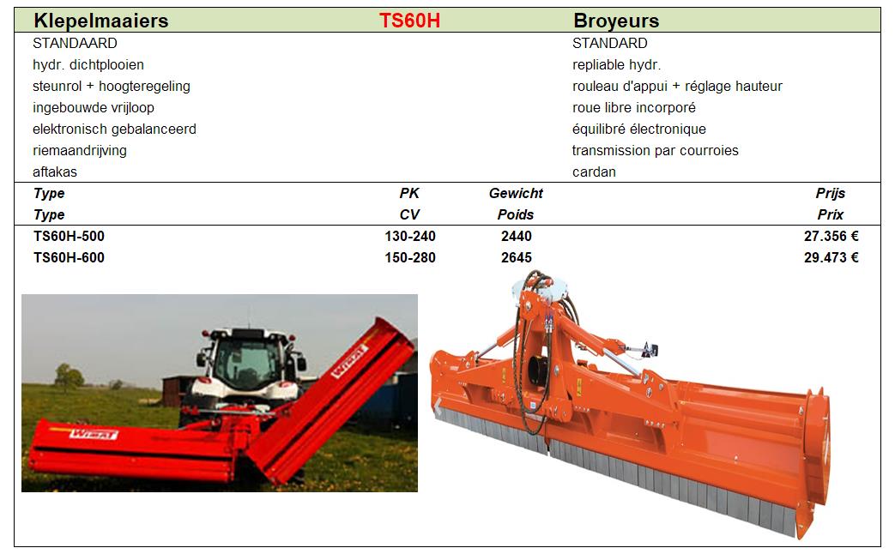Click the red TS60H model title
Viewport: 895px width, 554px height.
tap(409, 21)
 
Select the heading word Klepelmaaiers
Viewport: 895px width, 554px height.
tap(101, 21)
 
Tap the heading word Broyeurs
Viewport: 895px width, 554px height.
tap(616, 21)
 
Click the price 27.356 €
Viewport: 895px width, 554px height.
tap(831, 236)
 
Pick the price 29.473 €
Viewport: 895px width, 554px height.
tap(831, 258)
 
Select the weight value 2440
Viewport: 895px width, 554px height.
tap(517, 236)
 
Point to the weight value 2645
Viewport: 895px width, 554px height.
tap(517, 258)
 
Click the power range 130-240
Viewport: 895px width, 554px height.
tap(410, 236)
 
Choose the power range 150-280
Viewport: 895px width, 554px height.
tap(410, 258)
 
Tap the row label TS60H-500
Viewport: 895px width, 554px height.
tap(69, 236)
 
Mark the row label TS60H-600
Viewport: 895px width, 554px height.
tap(69, 258)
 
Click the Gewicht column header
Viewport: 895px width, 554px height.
tap(516, 194)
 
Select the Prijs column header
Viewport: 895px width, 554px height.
tap(831, 194)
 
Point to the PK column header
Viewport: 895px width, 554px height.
tap(409, 194)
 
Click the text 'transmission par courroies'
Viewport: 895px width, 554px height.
tap(656, 151)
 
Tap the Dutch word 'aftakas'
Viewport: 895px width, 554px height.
tap(55, 172)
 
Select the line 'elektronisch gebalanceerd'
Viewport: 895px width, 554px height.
tap(114, 129)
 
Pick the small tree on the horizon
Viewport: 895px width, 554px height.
tap(69, 376)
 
